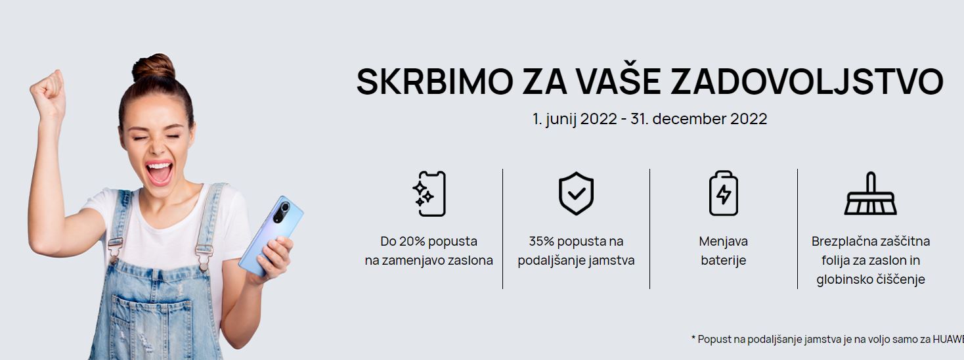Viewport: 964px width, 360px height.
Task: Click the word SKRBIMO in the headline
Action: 435,81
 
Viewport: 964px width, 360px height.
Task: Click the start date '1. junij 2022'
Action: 575,119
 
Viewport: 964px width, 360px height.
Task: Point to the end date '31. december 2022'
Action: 699,119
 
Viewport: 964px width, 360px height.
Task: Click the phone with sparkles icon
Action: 429,194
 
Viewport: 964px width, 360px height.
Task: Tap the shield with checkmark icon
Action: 577,193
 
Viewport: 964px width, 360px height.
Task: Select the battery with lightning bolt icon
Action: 724,193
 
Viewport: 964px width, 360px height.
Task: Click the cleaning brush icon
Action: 871,193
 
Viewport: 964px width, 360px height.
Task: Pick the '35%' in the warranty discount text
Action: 541,241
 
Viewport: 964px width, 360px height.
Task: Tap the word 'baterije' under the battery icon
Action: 724,261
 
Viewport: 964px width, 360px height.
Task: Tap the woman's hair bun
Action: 154,68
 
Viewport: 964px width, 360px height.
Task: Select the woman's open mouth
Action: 159,172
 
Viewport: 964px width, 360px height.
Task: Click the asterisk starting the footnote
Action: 693,338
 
